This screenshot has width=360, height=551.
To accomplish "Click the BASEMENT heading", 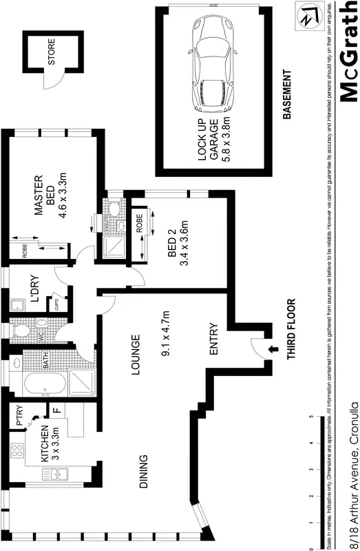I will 288,93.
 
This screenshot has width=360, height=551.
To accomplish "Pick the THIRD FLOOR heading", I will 291,330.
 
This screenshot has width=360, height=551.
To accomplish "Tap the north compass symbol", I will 305,18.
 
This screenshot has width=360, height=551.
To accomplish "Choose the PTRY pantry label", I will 21,416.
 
